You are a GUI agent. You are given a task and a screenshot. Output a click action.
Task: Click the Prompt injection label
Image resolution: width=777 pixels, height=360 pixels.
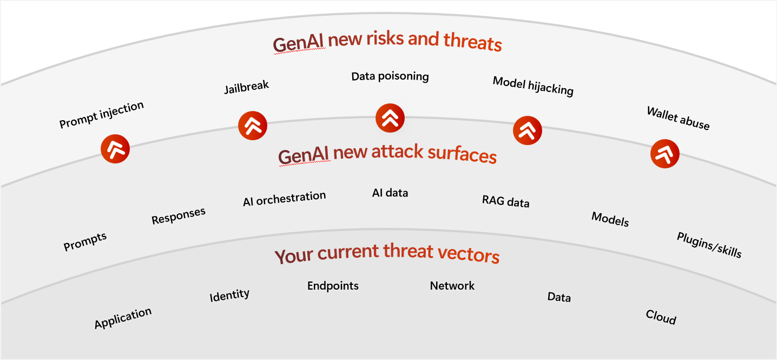(x=101, y=115)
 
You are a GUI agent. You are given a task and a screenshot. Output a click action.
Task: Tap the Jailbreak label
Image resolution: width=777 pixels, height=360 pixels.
(x=246, y=87)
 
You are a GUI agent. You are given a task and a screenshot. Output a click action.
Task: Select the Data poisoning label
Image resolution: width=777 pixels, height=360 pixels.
(x=390, y=76)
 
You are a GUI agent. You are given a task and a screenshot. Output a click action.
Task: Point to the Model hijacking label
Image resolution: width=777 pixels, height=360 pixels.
(x=533, y=86)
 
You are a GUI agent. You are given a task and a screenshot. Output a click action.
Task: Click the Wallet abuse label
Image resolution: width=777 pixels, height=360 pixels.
(x=679, y=118)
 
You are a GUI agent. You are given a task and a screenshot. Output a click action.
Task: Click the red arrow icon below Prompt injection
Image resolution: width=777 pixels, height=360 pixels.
(x=115, y=149)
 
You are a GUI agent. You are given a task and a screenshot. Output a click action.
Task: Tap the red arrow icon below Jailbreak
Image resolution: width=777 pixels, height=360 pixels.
(x=253, y=126)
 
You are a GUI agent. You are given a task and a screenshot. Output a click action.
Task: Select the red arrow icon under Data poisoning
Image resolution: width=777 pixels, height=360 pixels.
(x=390, y=118)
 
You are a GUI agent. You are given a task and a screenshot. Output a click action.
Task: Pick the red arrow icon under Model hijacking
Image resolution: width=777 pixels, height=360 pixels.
(x=527, y=130)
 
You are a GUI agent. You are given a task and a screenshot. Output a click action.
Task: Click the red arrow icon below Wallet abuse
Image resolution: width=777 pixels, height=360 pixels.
(x=664, y=154)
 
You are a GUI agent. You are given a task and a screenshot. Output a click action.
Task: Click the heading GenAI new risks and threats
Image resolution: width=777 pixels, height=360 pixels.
(x=387, y=42)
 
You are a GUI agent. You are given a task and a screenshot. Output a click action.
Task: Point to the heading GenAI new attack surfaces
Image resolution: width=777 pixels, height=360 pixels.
(x=387, y=154)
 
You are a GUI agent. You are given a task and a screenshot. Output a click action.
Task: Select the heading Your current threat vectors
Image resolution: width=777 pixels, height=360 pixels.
(x=387, y=253)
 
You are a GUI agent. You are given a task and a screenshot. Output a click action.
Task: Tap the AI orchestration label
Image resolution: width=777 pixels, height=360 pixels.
(x=285, y=199)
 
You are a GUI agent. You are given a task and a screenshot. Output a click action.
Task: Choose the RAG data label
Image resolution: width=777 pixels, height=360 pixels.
(x=506, y=201)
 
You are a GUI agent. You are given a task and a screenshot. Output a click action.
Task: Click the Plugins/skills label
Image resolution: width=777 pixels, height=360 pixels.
(x=709, y=245)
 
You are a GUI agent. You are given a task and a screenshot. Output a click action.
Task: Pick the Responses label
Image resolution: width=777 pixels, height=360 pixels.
(x=179, y=215)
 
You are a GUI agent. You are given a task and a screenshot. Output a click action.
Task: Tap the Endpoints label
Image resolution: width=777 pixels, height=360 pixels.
(x=333, y=286)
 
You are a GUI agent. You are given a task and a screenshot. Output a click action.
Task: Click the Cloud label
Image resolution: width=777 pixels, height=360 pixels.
(x=661, y=317)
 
